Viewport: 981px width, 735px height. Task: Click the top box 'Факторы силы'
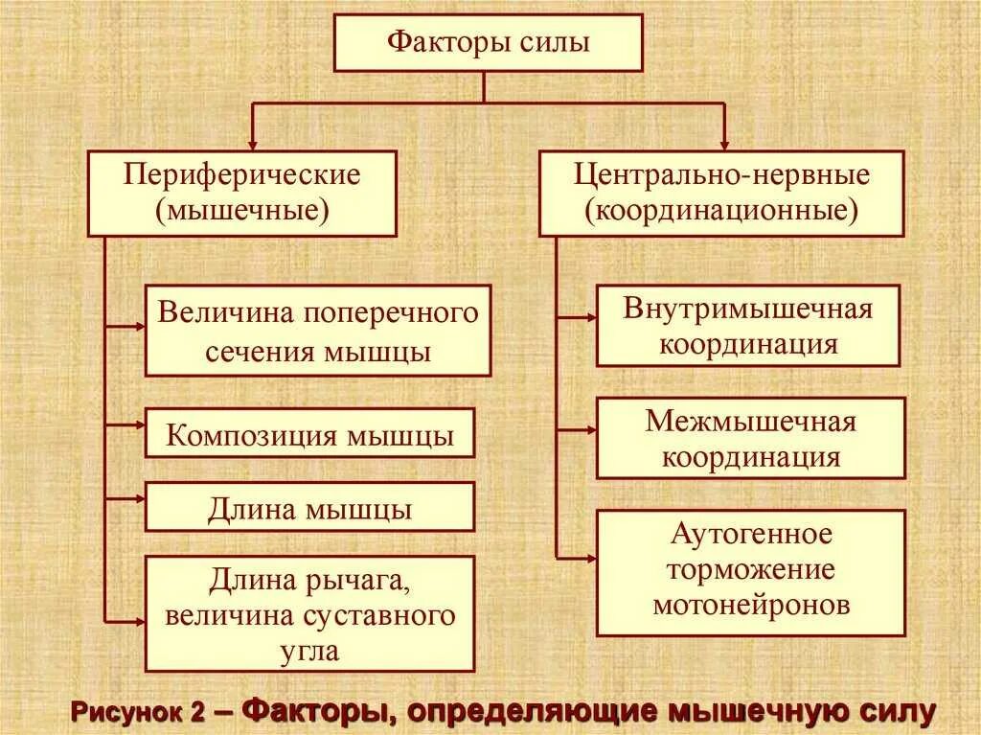pos(488,43)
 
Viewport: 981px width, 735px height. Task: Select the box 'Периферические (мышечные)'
pos(241,193)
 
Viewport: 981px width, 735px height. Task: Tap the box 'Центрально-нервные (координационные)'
pos(721,193)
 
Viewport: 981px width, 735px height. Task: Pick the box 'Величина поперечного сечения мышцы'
pos(318,330)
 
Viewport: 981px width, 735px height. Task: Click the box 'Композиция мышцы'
pos(309,433)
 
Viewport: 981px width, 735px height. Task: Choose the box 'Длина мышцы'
pos(309,507)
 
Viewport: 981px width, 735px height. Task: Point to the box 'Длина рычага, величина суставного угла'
pos(309,613)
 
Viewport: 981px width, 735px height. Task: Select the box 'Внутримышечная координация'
pos(748,326)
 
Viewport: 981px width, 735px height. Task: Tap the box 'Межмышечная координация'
pos(750,438)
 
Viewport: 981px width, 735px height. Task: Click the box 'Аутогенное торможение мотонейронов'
pos(750,572)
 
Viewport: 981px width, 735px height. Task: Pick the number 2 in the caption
pos(197,713)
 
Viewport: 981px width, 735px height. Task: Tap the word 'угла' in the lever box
pos(309,652)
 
